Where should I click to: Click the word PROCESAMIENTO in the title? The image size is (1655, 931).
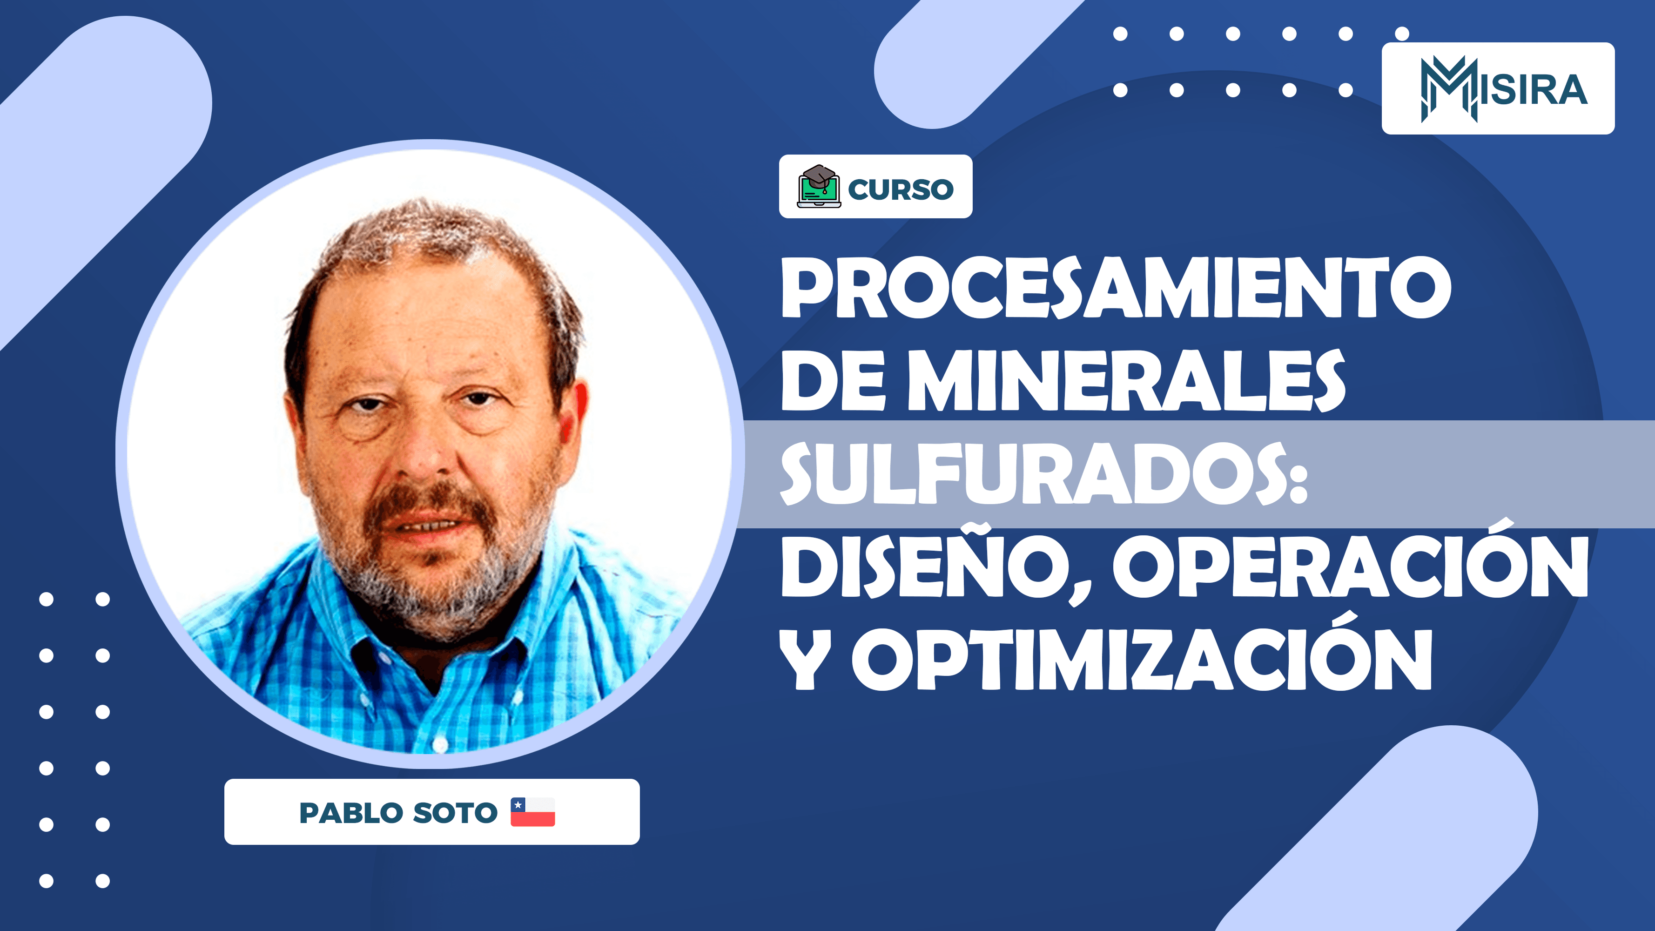[1116, 287]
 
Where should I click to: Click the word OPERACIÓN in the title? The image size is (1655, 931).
[1349, 566]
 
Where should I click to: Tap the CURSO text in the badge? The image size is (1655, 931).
[901, 189]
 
